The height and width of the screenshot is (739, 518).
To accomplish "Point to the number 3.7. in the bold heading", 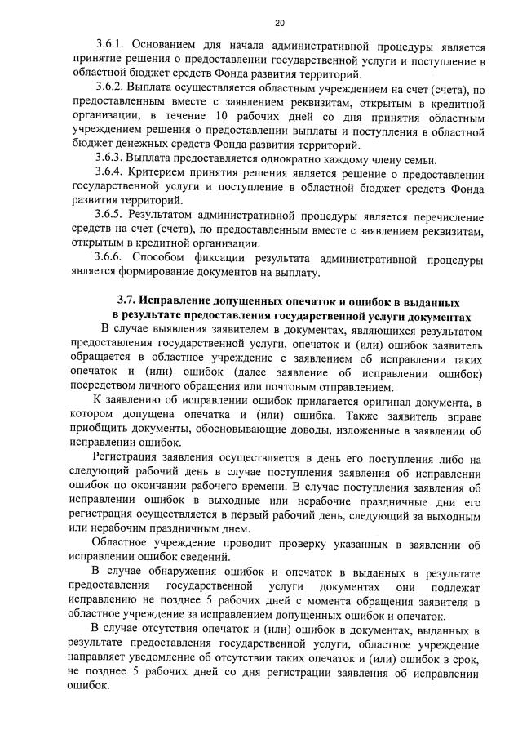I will (129, 301).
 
